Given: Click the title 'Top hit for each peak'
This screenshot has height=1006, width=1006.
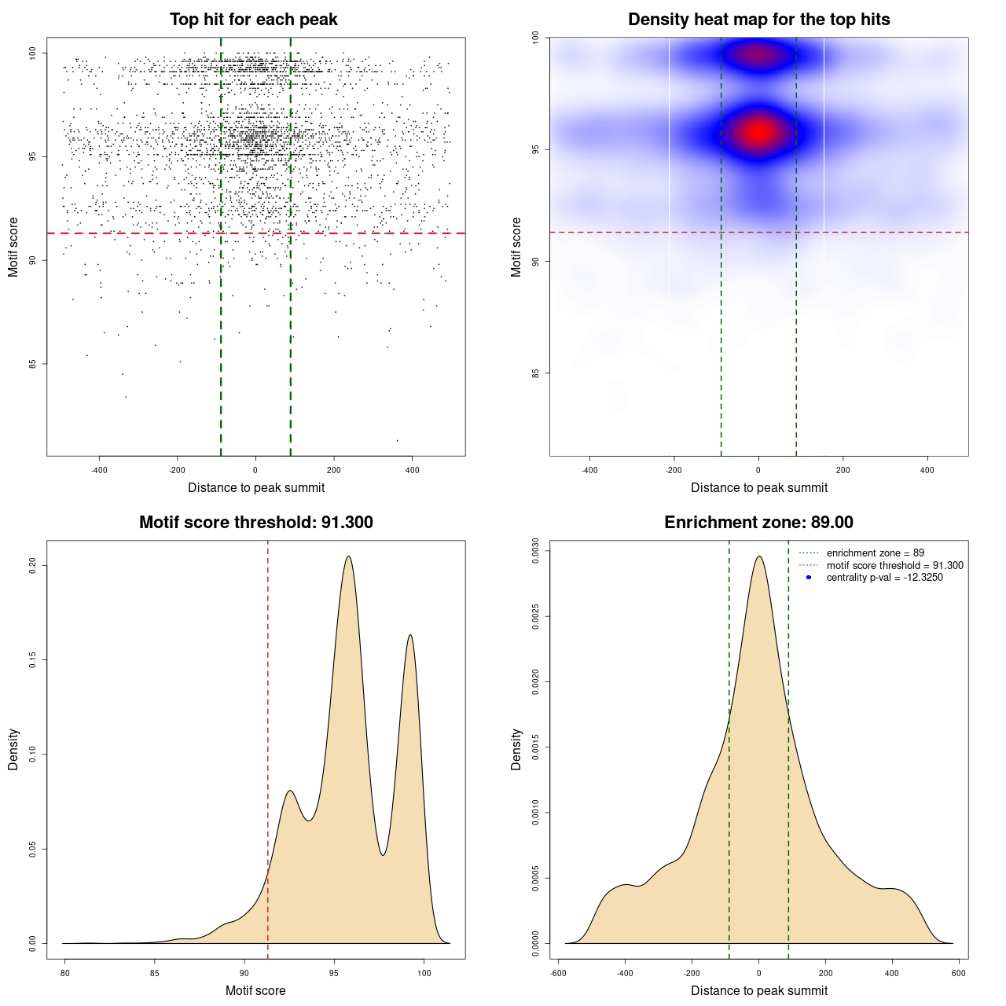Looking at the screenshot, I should [x=253, y=20].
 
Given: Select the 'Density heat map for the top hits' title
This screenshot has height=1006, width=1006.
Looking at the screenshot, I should [x=758, y=20].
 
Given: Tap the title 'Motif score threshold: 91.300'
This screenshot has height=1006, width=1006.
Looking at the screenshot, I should [x=255, y=523].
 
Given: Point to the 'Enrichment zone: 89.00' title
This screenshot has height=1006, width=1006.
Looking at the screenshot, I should [x=758, y=523].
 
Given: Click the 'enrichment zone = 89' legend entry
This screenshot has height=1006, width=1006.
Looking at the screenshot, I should [x=875, y=553].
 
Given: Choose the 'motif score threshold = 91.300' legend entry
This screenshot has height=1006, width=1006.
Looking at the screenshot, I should [x=894, y=565].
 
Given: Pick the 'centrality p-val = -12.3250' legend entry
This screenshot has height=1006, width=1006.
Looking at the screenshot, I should [x=884, y=578].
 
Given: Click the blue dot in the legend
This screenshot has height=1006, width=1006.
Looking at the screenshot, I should [x=809, y=578].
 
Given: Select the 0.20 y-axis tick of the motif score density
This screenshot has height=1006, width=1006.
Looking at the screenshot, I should [x=32, y=565].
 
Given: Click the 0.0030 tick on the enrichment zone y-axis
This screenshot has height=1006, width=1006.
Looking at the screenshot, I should [x=535, y=552].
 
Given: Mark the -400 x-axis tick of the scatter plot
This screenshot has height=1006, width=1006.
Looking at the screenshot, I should [x=99, y=471].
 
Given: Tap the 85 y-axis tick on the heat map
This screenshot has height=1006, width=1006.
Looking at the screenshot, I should [x=535, y=373].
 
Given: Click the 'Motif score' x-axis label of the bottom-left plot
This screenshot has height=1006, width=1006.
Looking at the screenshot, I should [x=255, y=990].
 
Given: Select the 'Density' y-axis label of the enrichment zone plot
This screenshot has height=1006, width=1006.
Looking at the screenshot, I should [x=516, y=749].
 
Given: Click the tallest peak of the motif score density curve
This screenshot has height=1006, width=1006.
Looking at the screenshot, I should [x=348, y=556].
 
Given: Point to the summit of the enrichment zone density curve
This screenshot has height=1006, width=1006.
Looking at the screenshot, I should [x=758, y=556].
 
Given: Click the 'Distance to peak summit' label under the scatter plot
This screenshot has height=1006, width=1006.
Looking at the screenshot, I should [x=256, y=487].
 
